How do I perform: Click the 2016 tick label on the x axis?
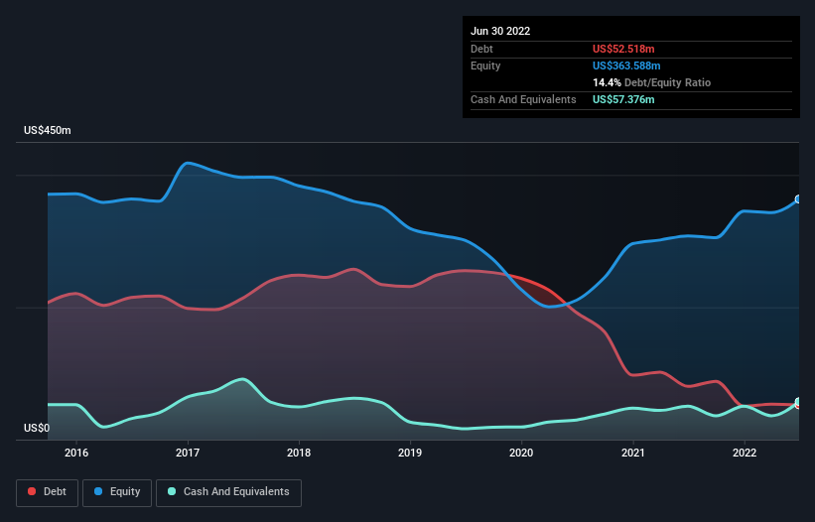pyautogui.click(x=76, y=454)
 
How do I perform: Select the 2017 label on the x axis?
pyautogui.click(x=188, y=454)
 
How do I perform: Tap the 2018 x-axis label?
pyautogui.click(x=300, y=454)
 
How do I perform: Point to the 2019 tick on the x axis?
pyautogui.click(x=411, y=454)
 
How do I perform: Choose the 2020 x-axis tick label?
pyautogui.click(x=522, y=454)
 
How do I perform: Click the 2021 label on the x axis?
pyautogui.click(x=633, y=454)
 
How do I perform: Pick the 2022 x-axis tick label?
pyautogui.click(x=745, y=454)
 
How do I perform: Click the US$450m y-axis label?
pyautogui.click(x=49, y=131)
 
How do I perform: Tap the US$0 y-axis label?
pyautogui.click(x=38, y=429)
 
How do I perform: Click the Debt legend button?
pyautogui.click(x=49, y=492)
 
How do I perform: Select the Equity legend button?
pyautogui.click(x=117, y=492)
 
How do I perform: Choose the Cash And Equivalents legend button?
pyautogui.click(x=228, y=492)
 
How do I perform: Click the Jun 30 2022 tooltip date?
pyautogui.click(x=500, y=31)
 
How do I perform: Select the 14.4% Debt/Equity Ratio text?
pyautogui.click(x=651, y=82)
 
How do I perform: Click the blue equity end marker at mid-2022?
pyautogui.click(x=798, y=199)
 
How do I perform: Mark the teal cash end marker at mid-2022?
pyautogui.click(x=798, y=402)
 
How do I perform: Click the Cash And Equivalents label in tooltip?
pyautogui.click(x=523, y=99)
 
